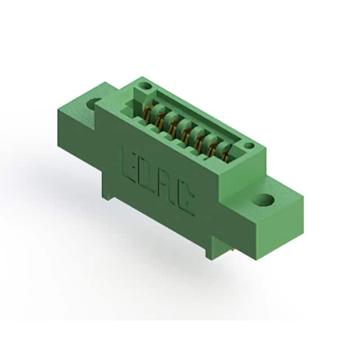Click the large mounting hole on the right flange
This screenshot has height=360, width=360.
(263, 199)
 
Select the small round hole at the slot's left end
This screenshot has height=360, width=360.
(145, 86)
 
